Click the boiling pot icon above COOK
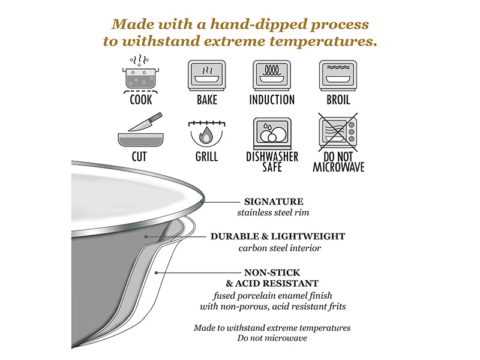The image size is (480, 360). pos(140,74)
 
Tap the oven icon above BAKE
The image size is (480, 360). pos(206,76)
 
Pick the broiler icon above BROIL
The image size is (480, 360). pos(338,76)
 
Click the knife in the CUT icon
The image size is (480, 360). pos(145,122)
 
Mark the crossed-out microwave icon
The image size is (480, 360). pos(338,132)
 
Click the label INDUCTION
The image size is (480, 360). pos(272,100)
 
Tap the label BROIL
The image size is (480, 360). pos(338,100)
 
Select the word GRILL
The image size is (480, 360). pos(206,157)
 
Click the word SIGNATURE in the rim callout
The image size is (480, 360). pos(274,202)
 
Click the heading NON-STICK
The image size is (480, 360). pos(272,273)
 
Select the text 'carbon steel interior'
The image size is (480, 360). pos(280,248)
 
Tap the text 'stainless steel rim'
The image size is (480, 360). pos(273,212)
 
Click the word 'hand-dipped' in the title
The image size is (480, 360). pos(259,25)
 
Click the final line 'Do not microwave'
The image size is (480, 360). pos(272,338)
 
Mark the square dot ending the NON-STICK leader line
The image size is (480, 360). pos(157,272)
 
